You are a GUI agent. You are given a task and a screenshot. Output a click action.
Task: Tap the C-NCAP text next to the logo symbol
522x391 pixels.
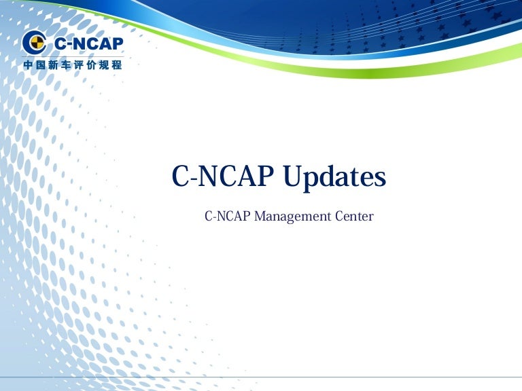pos(88,44)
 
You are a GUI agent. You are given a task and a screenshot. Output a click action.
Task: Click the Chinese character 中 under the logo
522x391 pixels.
pos(29,65)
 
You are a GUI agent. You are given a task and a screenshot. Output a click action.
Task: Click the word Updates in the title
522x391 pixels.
pos(334,178)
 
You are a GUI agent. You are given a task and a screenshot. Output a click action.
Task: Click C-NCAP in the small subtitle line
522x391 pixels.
pos(228,217)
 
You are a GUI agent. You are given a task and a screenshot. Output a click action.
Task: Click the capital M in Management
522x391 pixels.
pos(260,217)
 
